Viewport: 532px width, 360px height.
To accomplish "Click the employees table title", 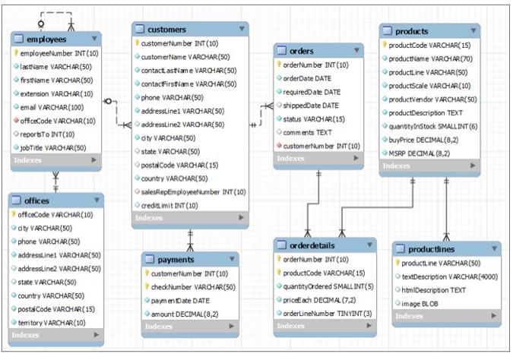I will [x=46, y=39].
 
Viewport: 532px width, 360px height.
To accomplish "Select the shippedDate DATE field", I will [x=311, y=105].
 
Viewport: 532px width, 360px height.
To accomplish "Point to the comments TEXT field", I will [x=308, y=132].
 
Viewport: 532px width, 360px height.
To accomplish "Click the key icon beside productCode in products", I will [x=385, y=45].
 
